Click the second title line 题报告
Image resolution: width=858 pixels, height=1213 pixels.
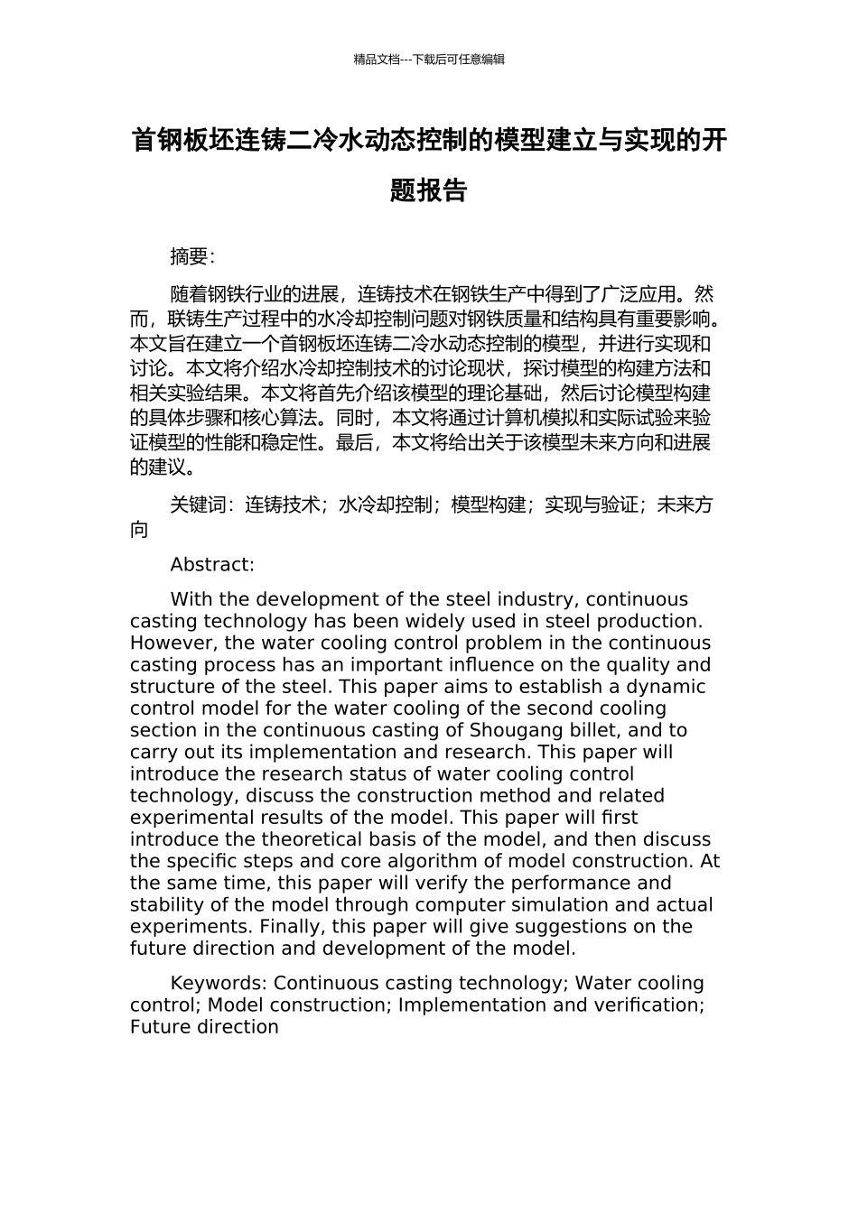tap(429, 190)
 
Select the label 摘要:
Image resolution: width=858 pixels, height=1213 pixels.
tap(192, 257)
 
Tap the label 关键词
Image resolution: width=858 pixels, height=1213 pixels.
tap(198, 505)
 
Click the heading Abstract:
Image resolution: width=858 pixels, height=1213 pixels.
tap(212, 565)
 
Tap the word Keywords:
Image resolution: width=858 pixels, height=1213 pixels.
tap(219, 984)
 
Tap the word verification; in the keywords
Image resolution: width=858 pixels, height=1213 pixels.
tap(649, 1005)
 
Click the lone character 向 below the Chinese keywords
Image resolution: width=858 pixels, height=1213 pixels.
tap(139, 530)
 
